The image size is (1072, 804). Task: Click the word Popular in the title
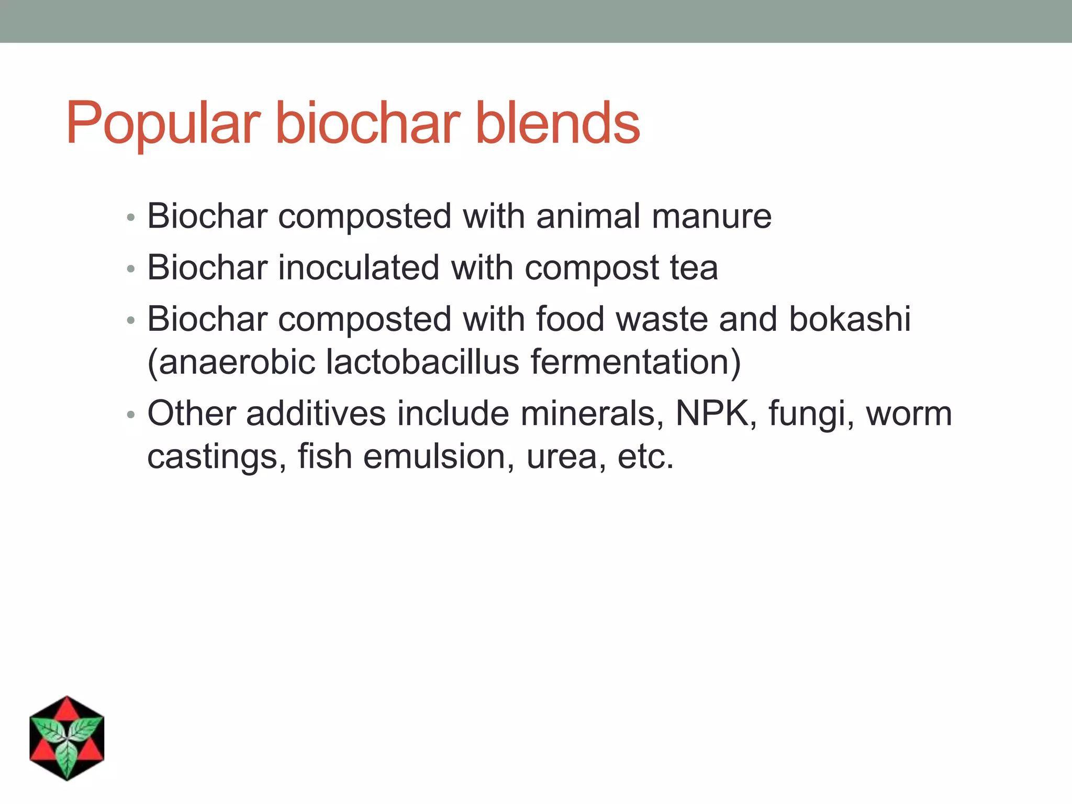point(163,124)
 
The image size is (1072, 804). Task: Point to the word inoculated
point(359,267)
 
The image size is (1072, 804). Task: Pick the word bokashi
point(850,319)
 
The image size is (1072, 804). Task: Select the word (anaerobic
point(231,362)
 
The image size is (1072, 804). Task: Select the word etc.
point(645,456)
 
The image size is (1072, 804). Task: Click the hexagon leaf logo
point(67,739)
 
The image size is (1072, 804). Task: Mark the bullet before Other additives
point(131,415)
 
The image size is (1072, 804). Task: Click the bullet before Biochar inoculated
point(131,269)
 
